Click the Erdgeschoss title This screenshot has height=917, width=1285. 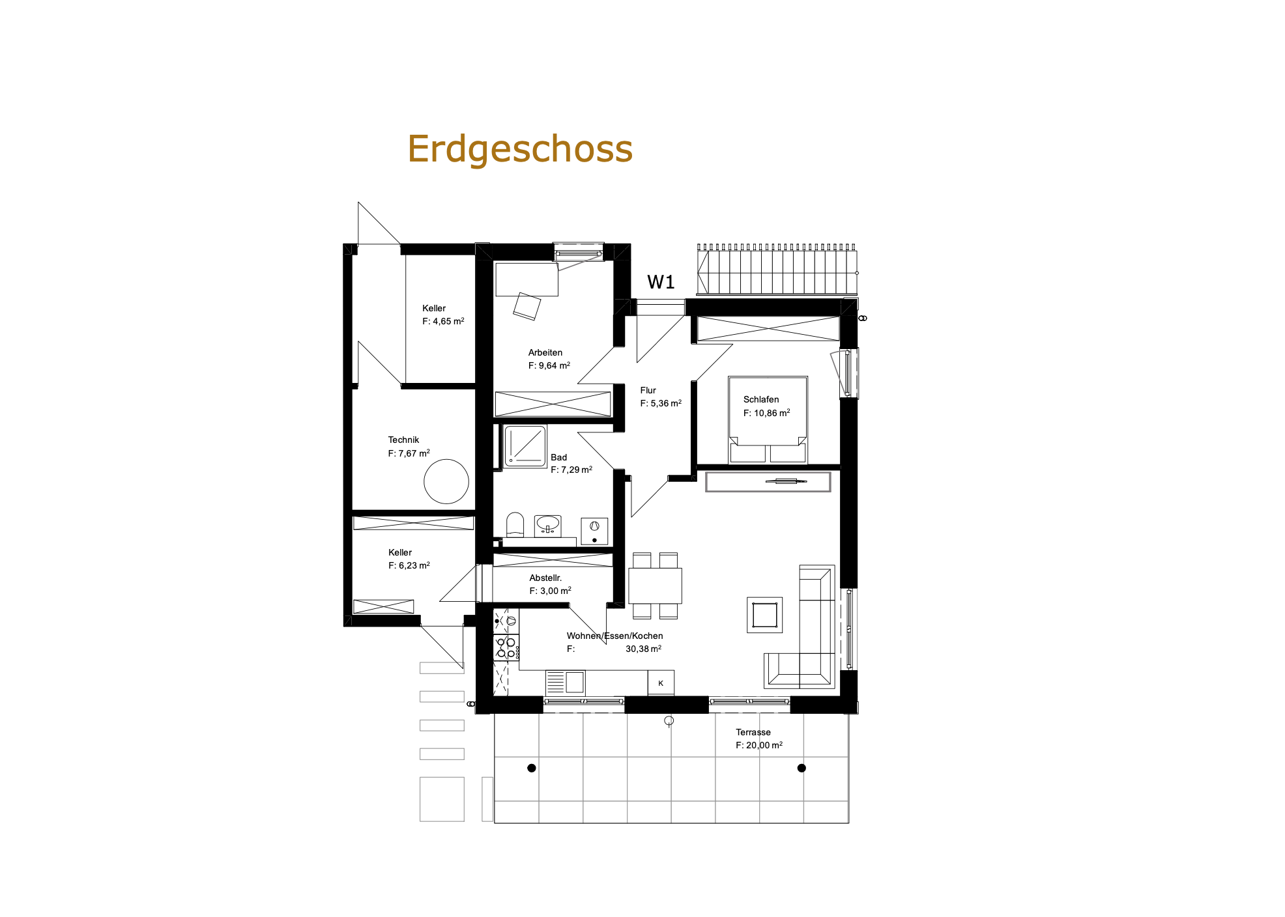pos(520,150)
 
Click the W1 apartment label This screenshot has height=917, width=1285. pos(661,282)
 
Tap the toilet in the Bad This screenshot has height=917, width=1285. pos(515,525)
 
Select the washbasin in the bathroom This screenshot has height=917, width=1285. pos(547,526)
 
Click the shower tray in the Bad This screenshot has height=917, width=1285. pos(525,446)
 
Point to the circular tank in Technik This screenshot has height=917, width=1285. pos(446,481)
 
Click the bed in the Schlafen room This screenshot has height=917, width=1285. pos(768,419)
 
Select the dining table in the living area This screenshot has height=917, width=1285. pos(655,585)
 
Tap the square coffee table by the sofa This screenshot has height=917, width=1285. pos(764,615)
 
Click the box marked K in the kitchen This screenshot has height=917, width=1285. pos(661,683)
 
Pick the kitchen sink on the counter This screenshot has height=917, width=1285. pos(565,683)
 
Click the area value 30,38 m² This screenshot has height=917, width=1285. pos(643,649)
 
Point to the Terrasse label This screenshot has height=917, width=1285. pos(753,732)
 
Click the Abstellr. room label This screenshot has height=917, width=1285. pos(545,578)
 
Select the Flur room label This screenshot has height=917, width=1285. pos(648,390)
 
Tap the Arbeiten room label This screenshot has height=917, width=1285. pos(545,352)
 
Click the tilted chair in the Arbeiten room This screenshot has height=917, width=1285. pos(527,306)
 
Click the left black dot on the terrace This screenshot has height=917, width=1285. pos(532,768)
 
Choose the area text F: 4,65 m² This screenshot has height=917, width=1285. pos(443,321)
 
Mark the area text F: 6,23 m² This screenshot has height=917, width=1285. pos(409,565)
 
